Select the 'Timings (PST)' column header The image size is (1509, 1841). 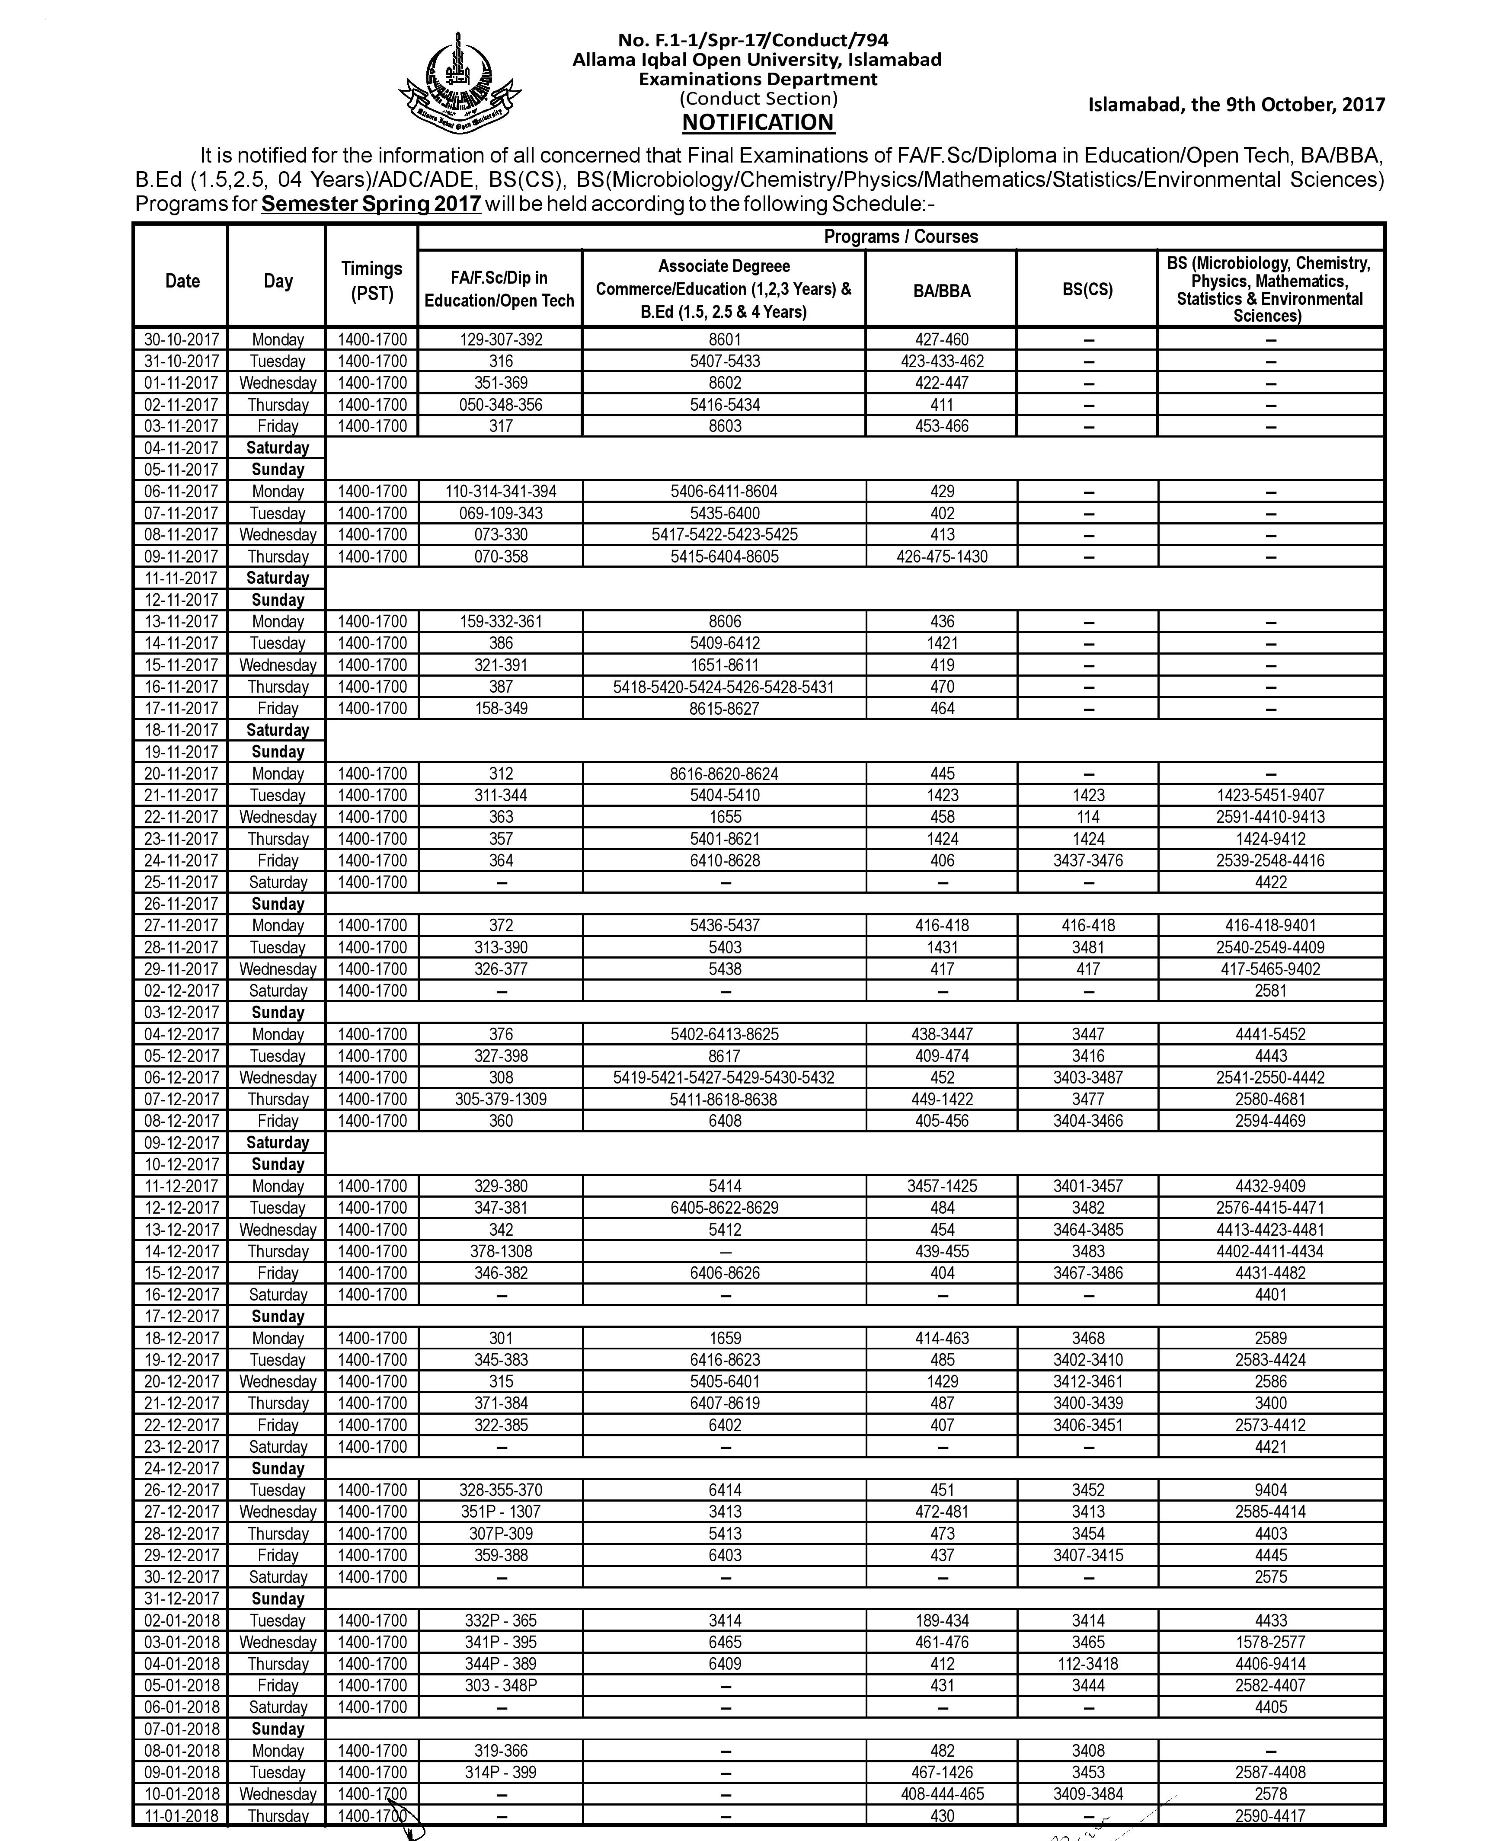371,281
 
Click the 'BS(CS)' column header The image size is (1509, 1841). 1087,289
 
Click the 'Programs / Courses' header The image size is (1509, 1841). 901,237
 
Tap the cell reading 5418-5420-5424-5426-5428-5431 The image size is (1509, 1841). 724,687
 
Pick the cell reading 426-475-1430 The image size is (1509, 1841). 941,556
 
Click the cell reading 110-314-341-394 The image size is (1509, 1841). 501,491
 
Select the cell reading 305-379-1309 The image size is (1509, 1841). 501,1099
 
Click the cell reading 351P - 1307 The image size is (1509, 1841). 501,1512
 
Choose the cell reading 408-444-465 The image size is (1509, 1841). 941,1794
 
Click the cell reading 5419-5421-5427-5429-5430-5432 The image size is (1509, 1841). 724,1078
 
